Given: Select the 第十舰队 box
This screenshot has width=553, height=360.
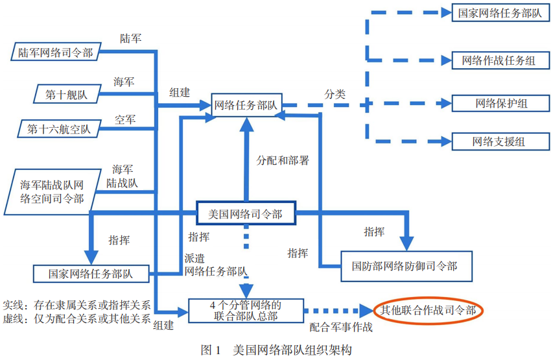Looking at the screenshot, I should (x=65, y=94).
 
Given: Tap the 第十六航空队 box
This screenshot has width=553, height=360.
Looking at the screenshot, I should (x=58, y=128).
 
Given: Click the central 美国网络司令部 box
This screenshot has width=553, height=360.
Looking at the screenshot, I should (x=245, y=213).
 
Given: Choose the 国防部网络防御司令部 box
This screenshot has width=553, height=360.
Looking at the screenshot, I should (x=404, y=266).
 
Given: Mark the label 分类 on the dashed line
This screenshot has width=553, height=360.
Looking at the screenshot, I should (x=335, y=94).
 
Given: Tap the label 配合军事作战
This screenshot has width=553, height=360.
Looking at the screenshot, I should (x=340, y=328).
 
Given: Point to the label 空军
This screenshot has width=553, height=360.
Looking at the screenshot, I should (x=125, y=120).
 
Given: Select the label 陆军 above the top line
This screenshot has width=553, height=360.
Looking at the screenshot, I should (x=130, y=39).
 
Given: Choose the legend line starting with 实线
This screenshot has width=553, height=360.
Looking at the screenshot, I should (x=76, y=305).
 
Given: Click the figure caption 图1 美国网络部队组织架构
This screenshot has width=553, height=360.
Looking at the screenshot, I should (x=276, y=349).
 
